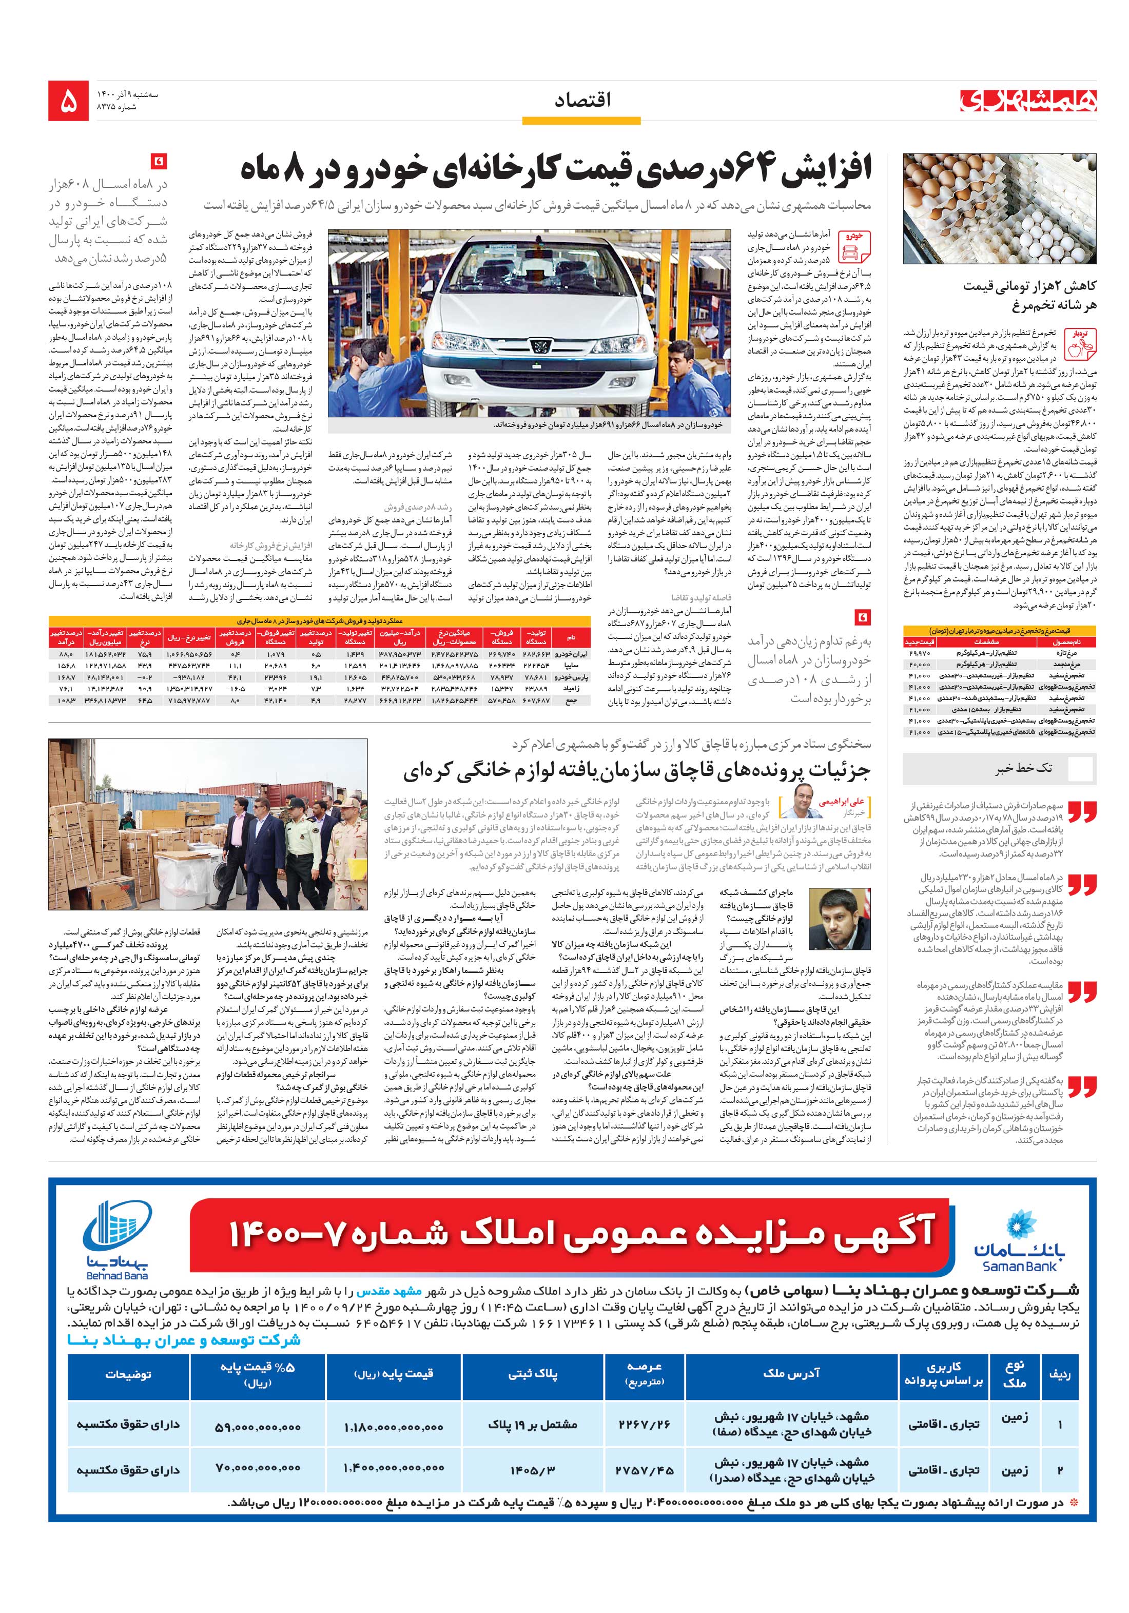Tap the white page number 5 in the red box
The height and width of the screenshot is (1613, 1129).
pyautogui.click(x=69, y=102)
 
